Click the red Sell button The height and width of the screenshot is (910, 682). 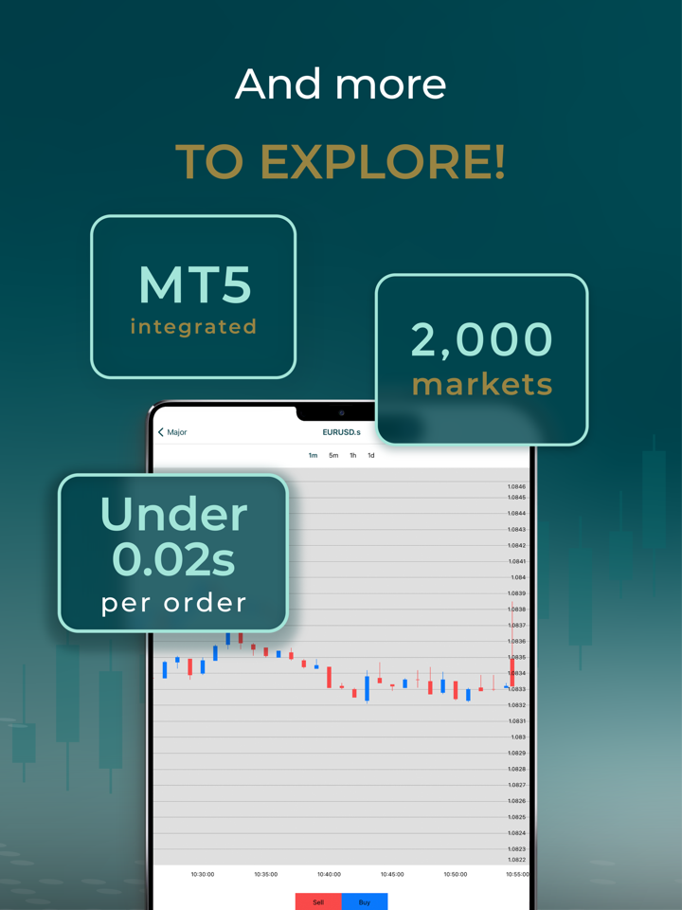click(x=318, y=901)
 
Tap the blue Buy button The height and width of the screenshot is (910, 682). click(x=364, y=901)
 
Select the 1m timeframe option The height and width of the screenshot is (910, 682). click(x=314, y=456)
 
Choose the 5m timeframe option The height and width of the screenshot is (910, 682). click(x=333, y=456)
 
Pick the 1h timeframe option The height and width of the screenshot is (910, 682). click(x=352, y=456)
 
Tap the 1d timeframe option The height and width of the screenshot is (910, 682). click(x=371, y=456)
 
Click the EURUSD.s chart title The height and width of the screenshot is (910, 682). click(x=342, y=432)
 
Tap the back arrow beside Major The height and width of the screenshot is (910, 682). click(x=161, y=432)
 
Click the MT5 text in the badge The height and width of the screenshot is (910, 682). click(x=195, y=285)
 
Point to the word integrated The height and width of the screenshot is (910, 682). click(x=193, y=327)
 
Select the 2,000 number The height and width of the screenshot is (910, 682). click(x=482, y=340)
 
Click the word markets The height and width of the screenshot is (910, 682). click(x=482, y=385)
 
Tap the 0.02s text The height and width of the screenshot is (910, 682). click(x=173, y=559)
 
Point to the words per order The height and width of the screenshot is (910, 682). click(x=173, y=604)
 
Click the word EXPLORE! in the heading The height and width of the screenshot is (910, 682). click(x=383, y=161)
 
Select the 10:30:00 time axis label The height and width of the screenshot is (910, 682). click(x=203, y=874)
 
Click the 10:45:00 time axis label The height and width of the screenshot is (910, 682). click(x=392, y=874)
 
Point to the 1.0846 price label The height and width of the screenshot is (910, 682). click(x=516, y=487)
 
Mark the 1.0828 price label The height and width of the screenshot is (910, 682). click(x=517, y=769)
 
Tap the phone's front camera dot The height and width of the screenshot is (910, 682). click(x=342, y=413)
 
